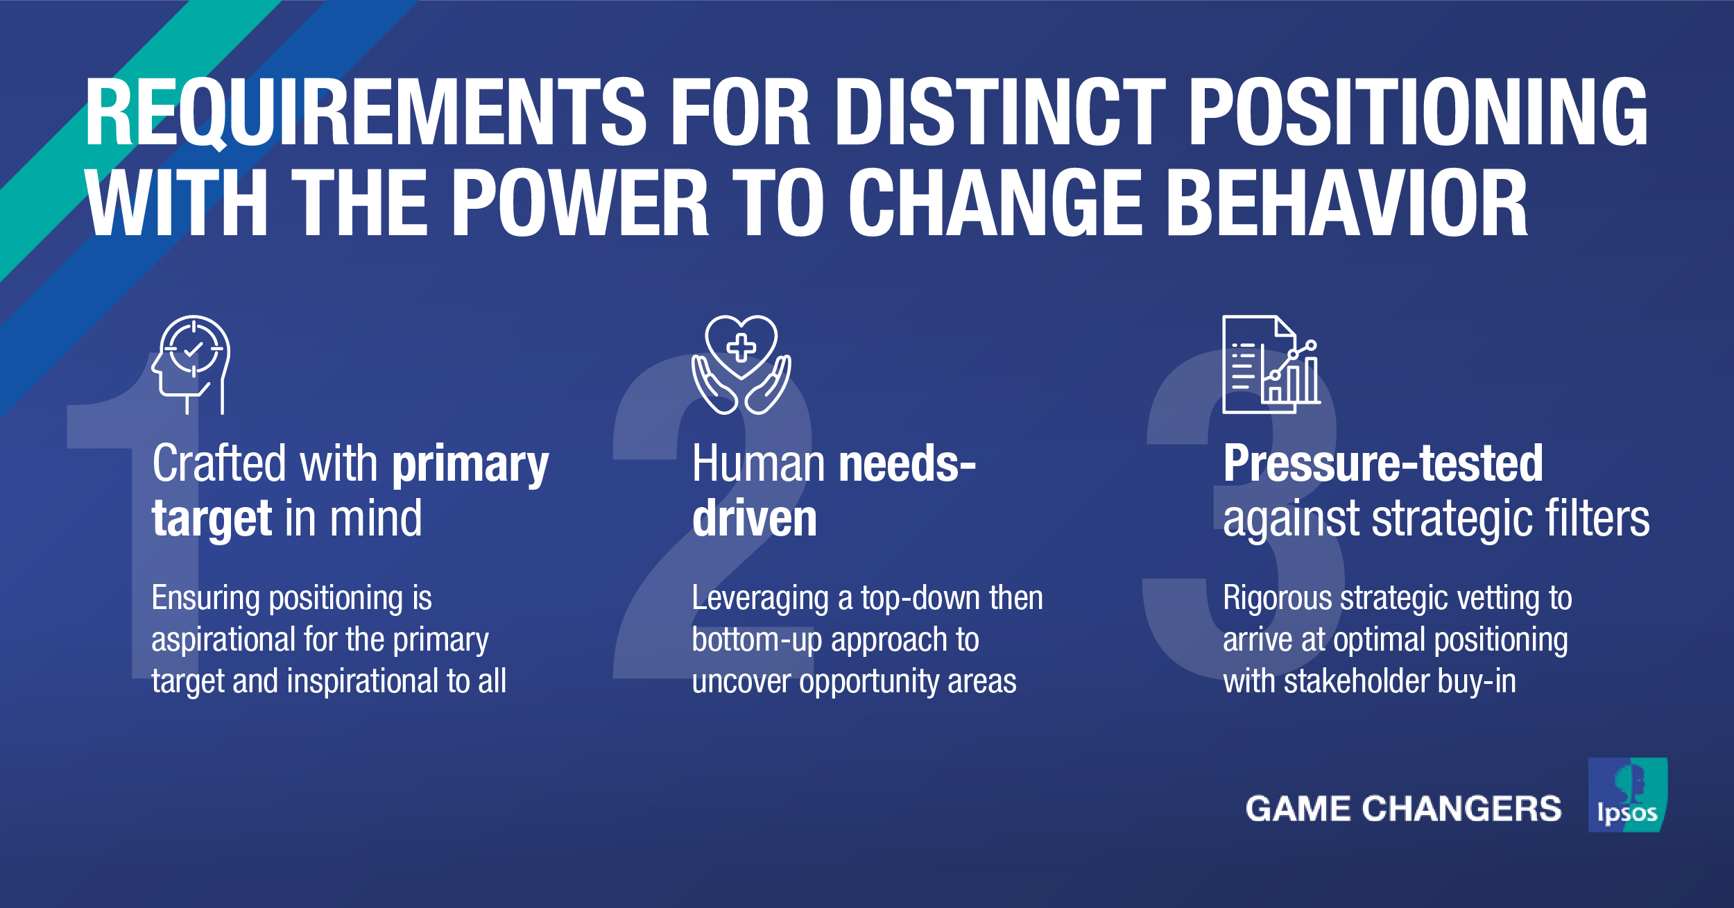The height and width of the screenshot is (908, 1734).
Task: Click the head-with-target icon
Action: tap(191, 364)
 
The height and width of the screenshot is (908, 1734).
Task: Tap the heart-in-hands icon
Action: tap(741, 364)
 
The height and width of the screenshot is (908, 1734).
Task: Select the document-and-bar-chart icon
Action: tap(1271, 364)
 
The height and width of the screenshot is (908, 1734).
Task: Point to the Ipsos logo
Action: tap(1627, 795)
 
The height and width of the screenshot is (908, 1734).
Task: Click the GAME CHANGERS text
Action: tap(1403, 809)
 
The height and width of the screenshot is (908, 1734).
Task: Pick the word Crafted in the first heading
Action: tap(219, 463)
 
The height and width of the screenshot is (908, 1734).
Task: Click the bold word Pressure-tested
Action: tap(1383, 463)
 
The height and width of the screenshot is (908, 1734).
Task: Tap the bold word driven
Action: tap(755, 519)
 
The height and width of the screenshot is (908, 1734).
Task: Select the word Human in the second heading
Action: tap(757, 463)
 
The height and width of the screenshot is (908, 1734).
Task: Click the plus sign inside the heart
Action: tap(741, 348)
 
